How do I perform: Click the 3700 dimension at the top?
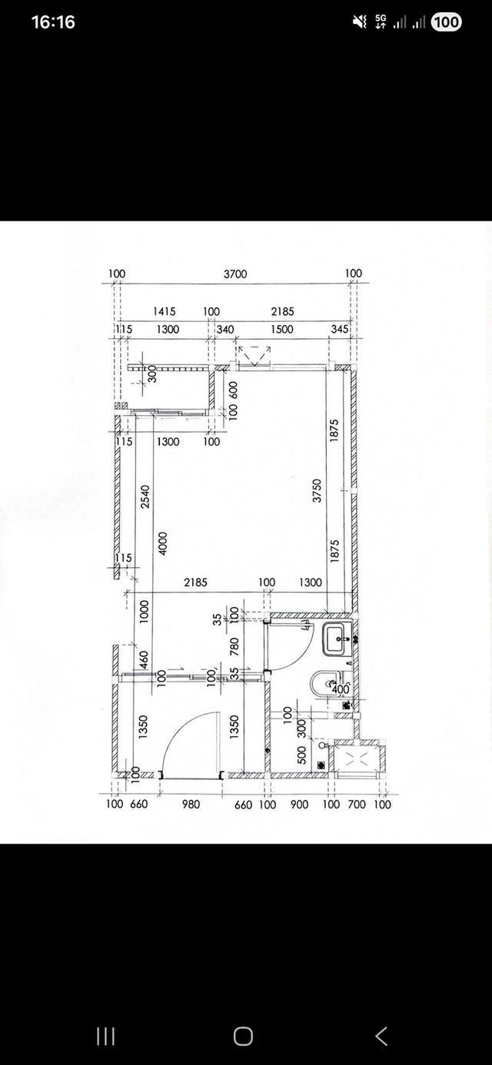pyautogui.click(x=235, y=274)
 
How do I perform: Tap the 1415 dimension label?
pyautogui.click(x=165, y=311)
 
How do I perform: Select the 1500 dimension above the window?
pyautogui.click(x=281, y=329)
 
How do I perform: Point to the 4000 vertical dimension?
pyautogui.click(x=163, y=543)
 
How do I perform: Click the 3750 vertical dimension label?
pyautogui.click(x=317, y=491)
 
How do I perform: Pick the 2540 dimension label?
pyautogui.click(x=145, y=496)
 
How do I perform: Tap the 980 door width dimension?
pyautogui.click(x=191, y=804)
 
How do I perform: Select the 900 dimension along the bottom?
pyautogui.click(x=299, y=805)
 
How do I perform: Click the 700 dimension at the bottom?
pyautogui.click(x=357, y=805)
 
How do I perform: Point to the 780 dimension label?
pyautogui.click(x=234, y=646)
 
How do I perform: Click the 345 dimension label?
pyautogui.click(x=339, y=329)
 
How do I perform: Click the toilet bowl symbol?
pyautogui.click(x=325, y=684)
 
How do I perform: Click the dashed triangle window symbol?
pyautogui.click(x=254, y=356)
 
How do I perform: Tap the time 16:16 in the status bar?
pyautogui.click(x=53, y=22)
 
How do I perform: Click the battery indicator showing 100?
pyautogui.click(x=447, y=22)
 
